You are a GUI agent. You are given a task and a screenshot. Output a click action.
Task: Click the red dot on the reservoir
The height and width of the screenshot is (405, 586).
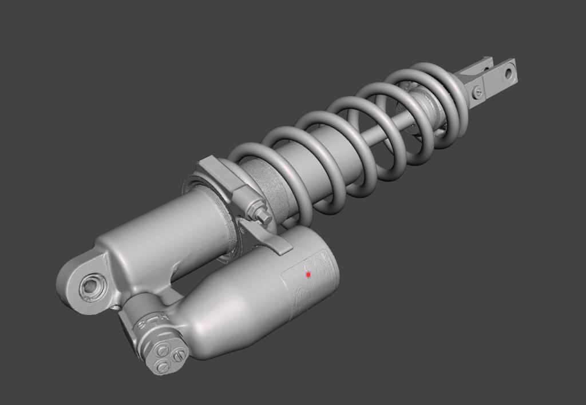(308, 275)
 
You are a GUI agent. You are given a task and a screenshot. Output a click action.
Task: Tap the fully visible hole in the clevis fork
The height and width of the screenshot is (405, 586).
(507, 73)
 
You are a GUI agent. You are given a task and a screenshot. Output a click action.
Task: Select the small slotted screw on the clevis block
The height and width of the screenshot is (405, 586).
(478, 90)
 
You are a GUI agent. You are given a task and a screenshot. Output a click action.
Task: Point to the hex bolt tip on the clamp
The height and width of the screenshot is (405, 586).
(266, 217)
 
